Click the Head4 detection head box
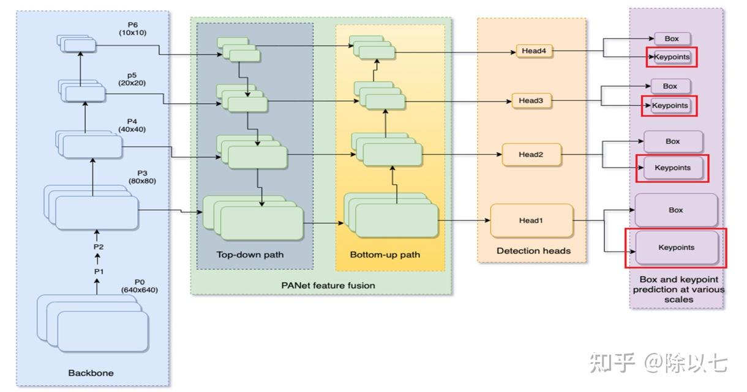[535, 51]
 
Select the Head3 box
[531, 100]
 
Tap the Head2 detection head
[531, 155]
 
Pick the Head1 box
[531, 220]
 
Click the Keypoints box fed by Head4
[672, 57]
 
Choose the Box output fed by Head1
[676, 210]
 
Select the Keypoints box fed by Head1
[677, 248]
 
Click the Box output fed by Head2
[673, 141]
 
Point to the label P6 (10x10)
[133, 28]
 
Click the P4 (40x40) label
[132, 125]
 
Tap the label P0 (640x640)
[139, 286]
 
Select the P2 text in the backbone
[99, 246]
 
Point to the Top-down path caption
[250, 254]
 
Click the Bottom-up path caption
[385, 254]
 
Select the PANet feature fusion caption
[328, 285]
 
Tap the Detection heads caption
[533, 251]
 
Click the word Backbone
[91, 372]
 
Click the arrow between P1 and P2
[96, 259]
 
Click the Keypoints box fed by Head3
[670, 106]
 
